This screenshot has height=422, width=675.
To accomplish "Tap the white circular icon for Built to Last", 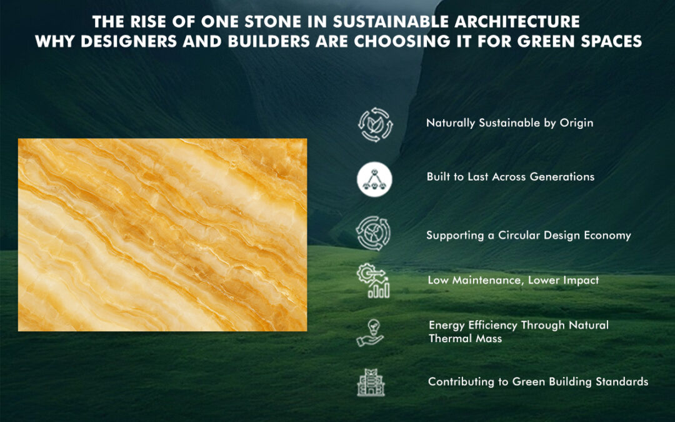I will click(x=374, y=178).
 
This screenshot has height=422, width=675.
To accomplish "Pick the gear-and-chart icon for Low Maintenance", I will click(x=374, y=281).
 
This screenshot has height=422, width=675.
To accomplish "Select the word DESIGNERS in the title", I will click(x=122, y=42).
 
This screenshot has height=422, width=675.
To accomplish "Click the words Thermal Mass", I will click(x=465, y=338).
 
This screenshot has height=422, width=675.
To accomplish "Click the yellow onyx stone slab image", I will click(x=162, y=234).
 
